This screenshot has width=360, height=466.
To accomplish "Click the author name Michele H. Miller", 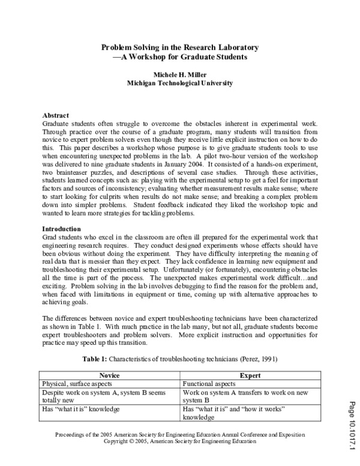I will pos(180,74).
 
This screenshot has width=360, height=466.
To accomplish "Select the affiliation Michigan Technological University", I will pos(180,83).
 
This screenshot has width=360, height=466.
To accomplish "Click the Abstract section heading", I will pos(55,115).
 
